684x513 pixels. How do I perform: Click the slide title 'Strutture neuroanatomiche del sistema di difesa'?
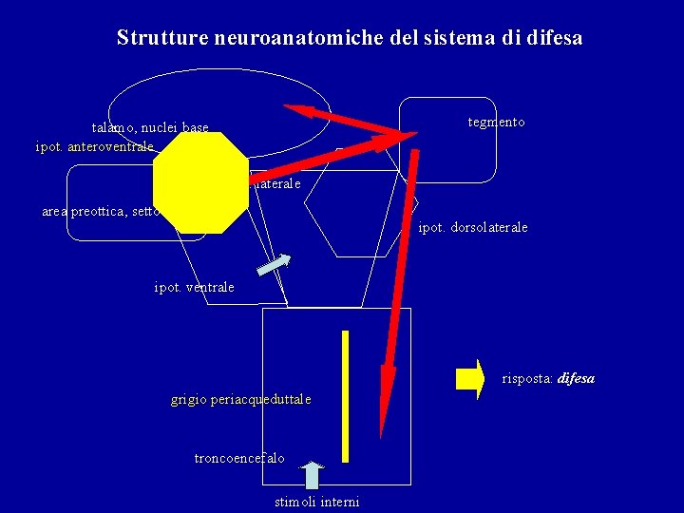pyautogui.click(x=349, y=38)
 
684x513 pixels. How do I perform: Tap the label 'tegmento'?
pyautogui.click(x=496, y=123)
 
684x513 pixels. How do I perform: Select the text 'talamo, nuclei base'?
pyautogui.click(x=150, y=127)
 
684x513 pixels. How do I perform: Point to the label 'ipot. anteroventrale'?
pyautogui.click(x=94, y=146)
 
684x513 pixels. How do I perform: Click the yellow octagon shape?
pyautogui.click(x=199, y=183)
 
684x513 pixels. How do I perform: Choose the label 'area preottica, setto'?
pyautogui.click(x=101, y=211)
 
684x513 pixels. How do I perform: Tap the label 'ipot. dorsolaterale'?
pyautogui.click(x=473, y=228)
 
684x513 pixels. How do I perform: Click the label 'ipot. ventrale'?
pyautogui.click(x=194, y=287)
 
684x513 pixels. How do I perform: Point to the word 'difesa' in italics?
pyautogui.click(x=576, y=378)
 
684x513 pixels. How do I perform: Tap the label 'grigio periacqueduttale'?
pyautogui.click(x=240, y=399)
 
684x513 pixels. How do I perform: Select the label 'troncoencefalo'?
pyautogui.click(x=239, y=458)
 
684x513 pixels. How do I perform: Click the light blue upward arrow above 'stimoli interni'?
pyautogui.click(x=313, y=476)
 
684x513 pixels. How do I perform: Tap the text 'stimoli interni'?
pyautogui.click(x=316, y=501)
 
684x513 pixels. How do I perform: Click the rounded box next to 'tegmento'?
pyautogui.click(x=447, y=140)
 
